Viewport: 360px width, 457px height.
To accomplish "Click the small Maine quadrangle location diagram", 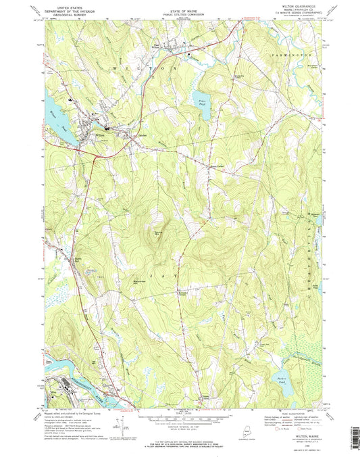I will click(x=247, y=431).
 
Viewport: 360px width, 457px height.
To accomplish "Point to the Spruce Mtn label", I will click(x=157, y=233).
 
